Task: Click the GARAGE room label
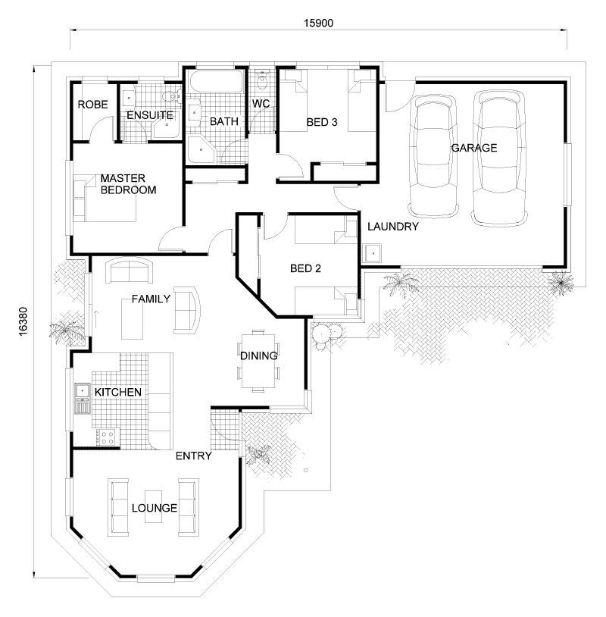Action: click(x=474, y=148)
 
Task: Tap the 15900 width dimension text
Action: click(x=318, y=23)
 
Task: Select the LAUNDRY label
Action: click(x=392, y=227)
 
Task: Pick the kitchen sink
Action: click(x=82, y=391)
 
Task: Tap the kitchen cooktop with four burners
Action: click(x=105, y=437)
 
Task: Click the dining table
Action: click(x=258, y=360)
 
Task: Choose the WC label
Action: click(x=261, y=103)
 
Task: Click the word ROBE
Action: click(x=92, y=104)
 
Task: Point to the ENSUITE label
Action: click(x=150, y=115)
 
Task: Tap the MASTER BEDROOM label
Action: click(x=128, y=184)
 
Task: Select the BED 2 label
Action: click(x=306, y=268)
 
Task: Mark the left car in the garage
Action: click(x=434, y=155)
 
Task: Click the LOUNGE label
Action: click(x=155, y=508)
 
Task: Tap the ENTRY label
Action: click(x=193, y=456)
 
